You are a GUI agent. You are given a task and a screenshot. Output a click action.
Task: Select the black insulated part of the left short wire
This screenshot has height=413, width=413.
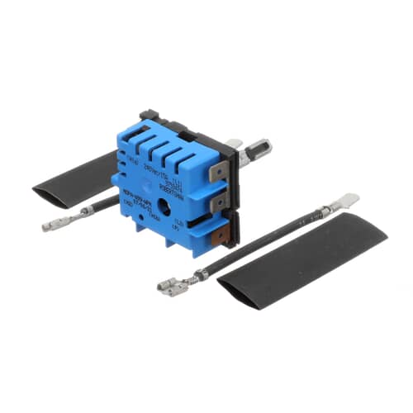coord(103,206)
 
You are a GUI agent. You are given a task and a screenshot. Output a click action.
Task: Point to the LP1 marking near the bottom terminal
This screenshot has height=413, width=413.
coord(175,225)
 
